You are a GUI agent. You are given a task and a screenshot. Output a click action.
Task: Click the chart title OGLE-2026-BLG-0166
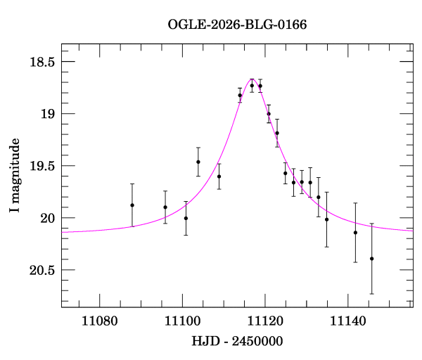237,25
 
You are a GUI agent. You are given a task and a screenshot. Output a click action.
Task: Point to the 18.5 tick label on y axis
41,62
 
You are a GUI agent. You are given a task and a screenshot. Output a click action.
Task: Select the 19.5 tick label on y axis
41,166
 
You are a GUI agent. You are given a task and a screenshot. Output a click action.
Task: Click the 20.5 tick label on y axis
41,270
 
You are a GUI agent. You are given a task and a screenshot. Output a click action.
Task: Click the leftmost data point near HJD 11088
132,205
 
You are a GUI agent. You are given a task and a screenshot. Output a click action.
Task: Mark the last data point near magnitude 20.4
371,259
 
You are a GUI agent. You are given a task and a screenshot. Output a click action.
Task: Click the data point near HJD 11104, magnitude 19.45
198,162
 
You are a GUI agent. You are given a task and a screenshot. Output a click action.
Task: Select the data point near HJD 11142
355,233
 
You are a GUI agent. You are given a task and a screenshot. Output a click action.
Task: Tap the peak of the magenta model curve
252,79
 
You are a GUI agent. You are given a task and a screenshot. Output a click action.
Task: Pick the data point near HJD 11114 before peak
240,95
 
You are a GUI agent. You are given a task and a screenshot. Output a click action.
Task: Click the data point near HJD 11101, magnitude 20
186,218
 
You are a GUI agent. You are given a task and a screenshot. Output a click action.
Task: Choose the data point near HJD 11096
165,207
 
